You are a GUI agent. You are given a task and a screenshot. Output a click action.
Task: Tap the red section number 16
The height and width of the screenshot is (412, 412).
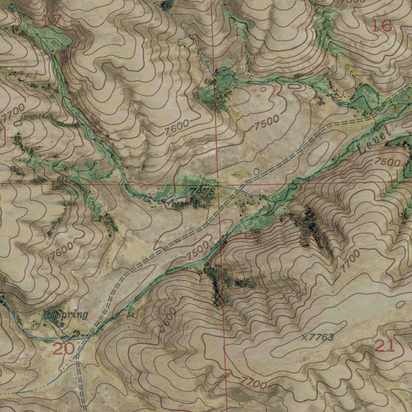click(x=381, y=26)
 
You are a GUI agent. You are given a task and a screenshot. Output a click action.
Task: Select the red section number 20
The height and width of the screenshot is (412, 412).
click(x=64, y=348)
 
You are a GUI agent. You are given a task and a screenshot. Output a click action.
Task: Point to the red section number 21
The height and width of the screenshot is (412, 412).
click(x=385, y=346)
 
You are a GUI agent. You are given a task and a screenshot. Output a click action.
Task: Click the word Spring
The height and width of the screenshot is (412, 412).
click(x=72, y=315)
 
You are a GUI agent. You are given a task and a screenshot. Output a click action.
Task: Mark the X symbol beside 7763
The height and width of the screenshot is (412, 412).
click(x=304, y=337)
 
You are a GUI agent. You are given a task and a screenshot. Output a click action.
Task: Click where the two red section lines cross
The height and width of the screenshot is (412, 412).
click(x=218, y=184)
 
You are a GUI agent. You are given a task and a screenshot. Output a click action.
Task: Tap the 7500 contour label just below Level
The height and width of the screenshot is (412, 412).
click(x=388, y=162)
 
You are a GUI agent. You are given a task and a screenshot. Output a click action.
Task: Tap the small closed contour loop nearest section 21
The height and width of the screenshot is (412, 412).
click(x=400, y=305)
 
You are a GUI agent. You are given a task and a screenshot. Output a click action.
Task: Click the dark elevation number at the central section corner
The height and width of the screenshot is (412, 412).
click(x=203, y=191)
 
